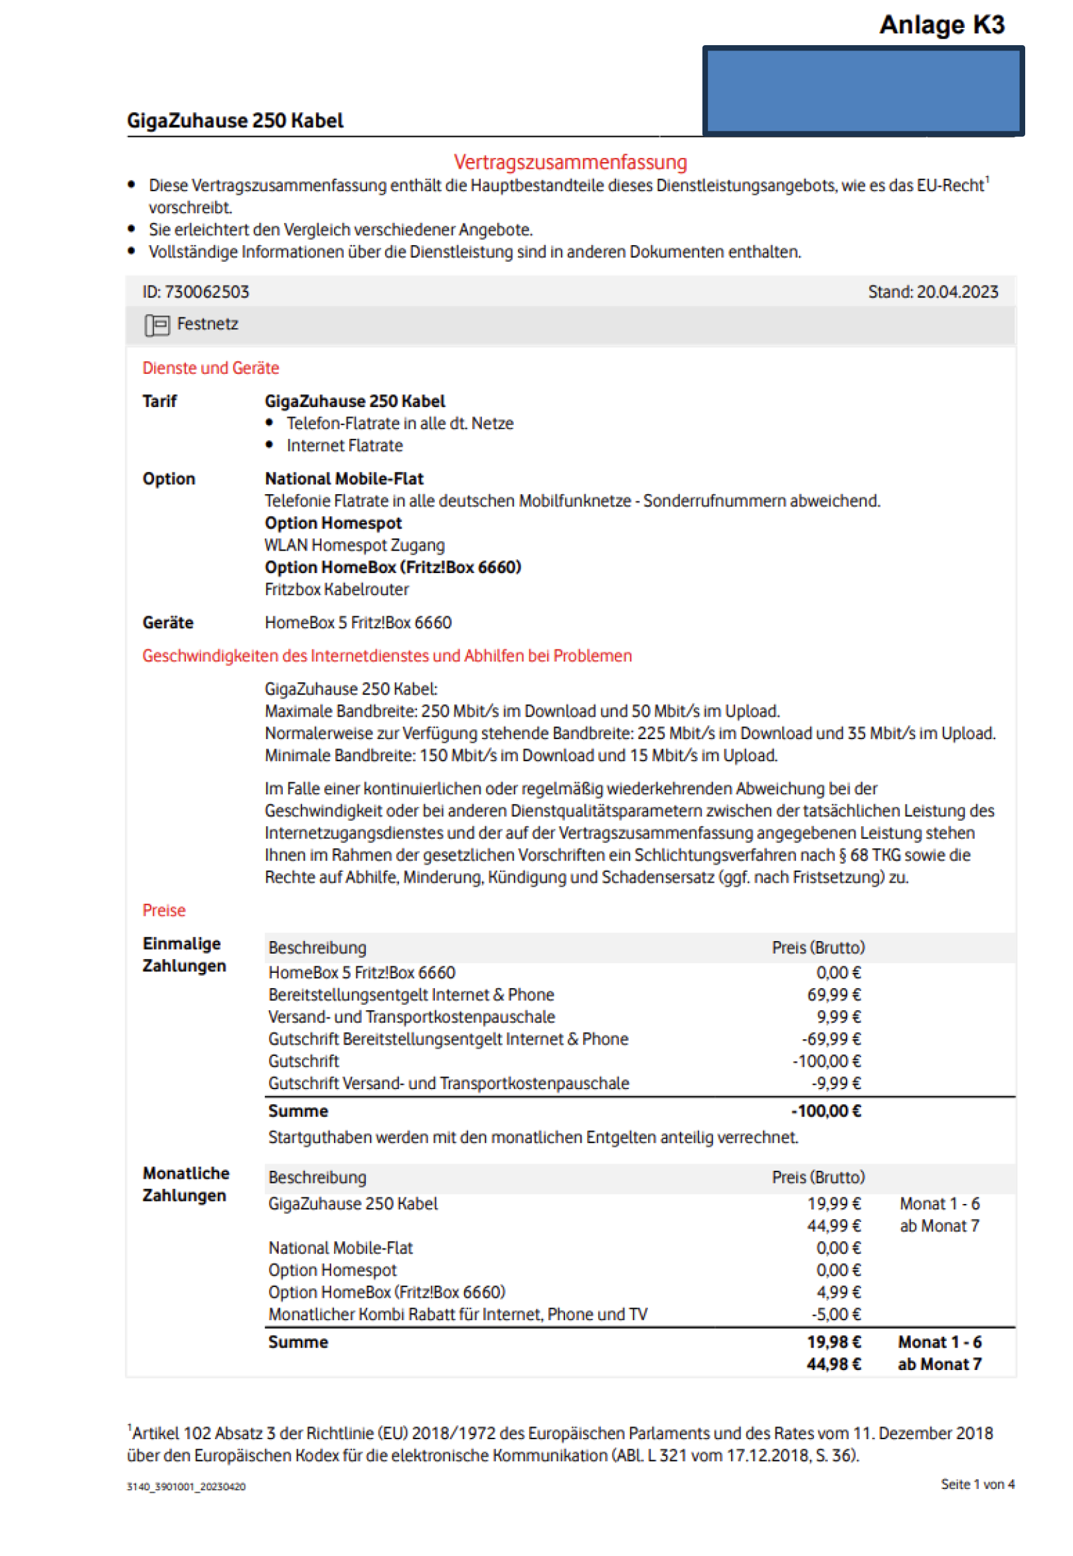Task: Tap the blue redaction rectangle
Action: click(x=863, y=91)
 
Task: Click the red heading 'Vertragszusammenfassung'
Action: click(x=570, y=162)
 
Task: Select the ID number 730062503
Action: click(x=207, y=292)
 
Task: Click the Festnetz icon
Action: click(x=157, y=325)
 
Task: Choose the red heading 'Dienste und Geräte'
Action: click(x=210, y=368)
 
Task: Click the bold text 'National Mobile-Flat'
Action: click(x=343, y=479)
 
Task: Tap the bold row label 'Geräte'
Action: click(x=167, y=623)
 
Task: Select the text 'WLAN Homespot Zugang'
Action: click(x=355, y=545)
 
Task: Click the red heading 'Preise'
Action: click(x=163, y=910)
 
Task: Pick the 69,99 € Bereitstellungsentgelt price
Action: click(x=834, y=995)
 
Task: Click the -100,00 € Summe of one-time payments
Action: click(x=825, y=1111)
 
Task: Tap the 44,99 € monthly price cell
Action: click(x=834, y=1226)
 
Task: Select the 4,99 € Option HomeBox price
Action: click(x=839, y=1292)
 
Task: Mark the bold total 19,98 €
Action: click(x=834, y=1342)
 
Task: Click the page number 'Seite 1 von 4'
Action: click(x=977, y=1484)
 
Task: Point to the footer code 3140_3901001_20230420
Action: click(x=186, y=1487)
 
